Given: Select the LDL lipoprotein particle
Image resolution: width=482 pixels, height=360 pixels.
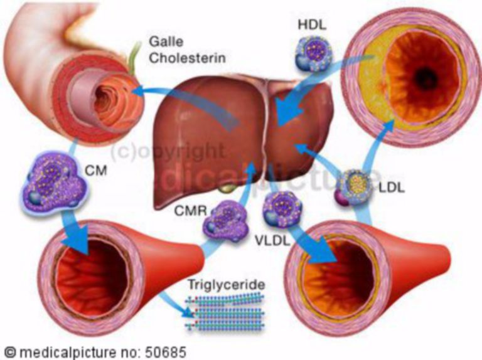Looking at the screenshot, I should (352, 186).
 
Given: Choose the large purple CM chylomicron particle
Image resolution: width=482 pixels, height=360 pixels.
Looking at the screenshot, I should (52, 186).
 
